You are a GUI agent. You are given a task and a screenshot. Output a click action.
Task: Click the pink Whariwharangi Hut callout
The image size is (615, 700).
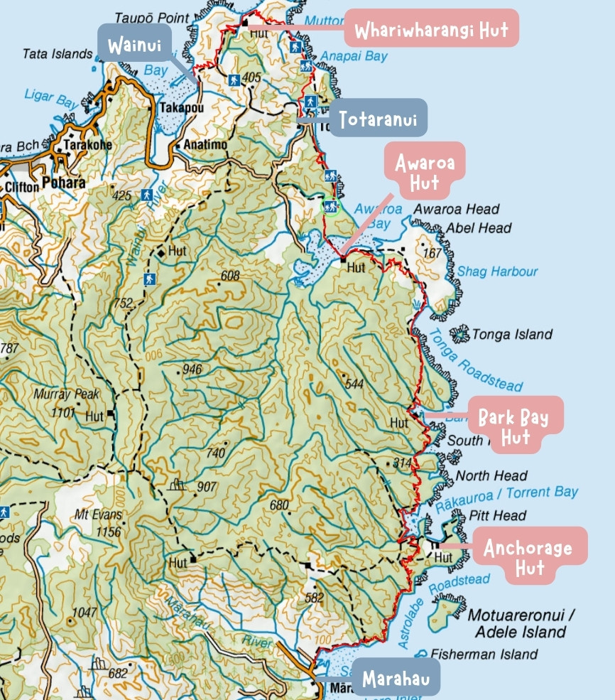431,31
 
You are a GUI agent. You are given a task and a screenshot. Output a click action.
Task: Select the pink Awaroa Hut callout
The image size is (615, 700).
425,174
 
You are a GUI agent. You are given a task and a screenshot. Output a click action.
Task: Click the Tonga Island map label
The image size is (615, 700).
512,334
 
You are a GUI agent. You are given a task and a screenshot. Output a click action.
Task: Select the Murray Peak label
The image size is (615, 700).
67,394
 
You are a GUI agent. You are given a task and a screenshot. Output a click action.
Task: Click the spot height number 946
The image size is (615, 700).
192,370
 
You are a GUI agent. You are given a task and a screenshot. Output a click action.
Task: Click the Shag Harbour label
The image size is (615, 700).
497,271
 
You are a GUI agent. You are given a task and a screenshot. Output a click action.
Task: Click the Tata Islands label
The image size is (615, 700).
58,54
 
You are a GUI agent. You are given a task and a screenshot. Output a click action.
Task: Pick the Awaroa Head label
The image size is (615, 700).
456,209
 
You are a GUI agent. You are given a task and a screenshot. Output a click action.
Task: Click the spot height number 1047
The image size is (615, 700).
84,612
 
